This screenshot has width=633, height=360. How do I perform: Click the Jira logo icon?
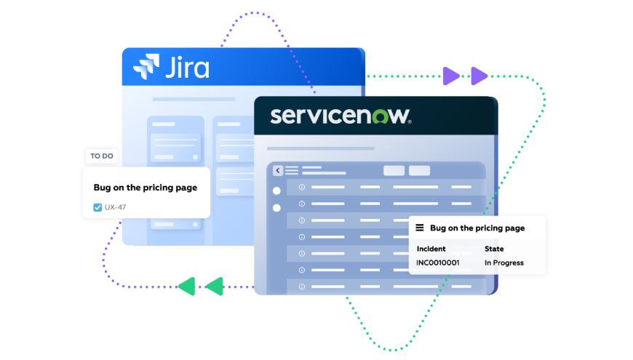pyautogui.click(x=146, y=66)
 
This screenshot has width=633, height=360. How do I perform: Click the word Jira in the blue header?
pyautogui.click(x=187, y=68)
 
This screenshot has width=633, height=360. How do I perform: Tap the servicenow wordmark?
pyautogui.click(x=341, y=116)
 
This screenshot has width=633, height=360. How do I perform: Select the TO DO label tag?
pyautogui.click(x=101, y=156)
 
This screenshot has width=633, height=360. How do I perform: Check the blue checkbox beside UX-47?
pyautogui.click(x=97, y=207)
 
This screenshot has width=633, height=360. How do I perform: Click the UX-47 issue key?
pyautogui.click(x=116, y=207)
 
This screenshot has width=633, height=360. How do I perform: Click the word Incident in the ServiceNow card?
pyautogui.click(x=431, y=249)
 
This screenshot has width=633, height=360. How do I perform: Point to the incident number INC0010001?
pyautogui.click(x=437, y=263)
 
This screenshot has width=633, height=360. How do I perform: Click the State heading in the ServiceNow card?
pyautogui.click(x=494, y=249)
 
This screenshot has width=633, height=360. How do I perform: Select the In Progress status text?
pyautogui.click(x=503, y=263)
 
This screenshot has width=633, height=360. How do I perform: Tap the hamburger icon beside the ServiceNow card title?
pyautogui.click(x=419, y=228)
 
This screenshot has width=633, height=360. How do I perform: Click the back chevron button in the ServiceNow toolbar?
pyautogui.click(x=278, y=170)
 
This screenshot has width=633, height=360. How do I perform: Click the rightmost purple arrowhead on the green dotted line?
pyautogui.click(x=479, y=76)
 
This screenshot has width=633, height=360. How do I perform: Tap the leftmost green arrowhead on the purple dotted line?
pyautogui.click(x=187, y=286)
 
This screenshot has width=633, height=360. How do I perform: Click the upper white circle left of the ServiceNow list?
pyautogui.click(x=276, y=191)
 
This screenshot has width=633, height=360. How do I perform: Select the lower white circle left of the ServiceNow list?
pyautogui.click(x=276, y=208)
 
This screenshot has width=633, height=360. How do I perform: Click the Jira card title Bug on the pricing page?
pyautogui.click(x=145, y=188)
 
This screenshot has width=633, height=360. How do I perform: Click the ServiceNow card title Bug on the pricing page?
pyautogui.click(x=477, y=228)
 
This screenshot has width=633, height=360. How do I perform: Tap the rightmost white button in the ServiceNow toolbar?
pyautogui.click(x=419, y=170)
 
